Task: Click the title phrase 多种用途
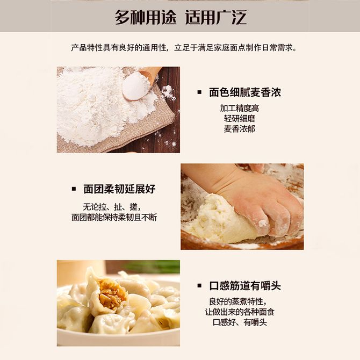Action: coord(146,17)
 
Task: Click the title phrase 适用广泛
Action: coord(216,17)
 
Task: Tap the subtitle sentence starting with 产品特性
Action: coord(184,48)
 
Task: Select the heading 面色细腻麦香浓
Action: coord(245,92)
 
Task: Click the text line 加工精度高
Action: coord(240,108)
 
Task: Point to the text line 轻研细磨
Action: coord(240,118)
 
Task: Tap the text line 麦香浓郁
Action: coord(240,129)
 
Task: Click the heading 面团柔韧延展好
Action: coord(119,189)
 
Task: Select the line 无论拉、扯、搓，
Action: coord(112,207)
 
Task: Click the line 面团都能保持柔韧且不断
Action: coord(114,218)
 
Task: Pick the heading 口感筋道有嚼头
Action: coord(245,286)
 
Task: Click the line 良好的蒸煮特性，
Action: coord(237,301)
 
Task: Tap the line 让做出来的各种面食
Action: coord(240,312)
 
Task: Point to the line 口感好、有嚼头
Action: coord(240,322)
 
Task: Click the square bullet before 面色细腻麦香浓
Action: coord(199,92)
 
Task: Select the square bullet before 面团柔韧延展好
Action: coord(74,189)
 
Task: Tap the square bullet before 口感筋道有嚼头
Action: coord(199,286)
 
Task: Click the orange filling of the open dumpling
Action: coord(112,293)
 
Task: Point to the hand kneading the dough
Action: coord(250,197)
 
